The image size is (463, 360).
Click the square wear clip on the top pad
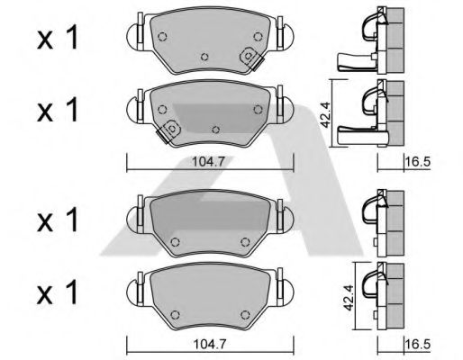click(x=248, y=58)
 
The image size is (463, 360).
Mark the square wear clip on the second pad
click(x=167, y=130)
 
